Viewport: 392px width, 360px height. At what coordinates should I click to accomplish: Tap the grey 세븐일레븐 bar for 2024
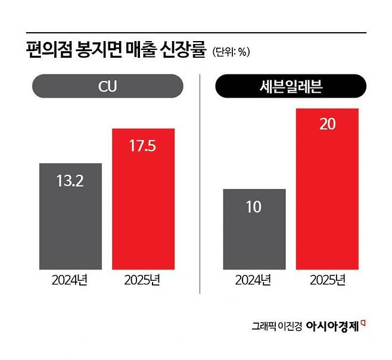pyautogui.click(x=254, y=238)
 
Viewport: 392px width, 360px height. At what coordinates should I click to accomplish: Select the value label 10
pyautogui.click(x=254, y=208)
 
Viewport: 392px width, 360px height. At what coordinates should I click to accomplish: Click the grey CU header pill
pyautogui.click(x=107, y=86)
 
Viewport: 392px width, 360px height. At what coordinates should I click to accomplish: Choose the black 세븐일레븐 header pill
pyautogui.click(x=290, y=86)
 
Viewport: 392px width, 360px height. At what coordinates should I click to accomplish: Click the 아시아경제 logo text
pyautogui.click(x=332, y=325)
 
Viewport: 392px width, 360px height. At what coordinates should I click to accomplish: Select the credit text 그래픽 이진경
pyautogui.click(x=276, y=326)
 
